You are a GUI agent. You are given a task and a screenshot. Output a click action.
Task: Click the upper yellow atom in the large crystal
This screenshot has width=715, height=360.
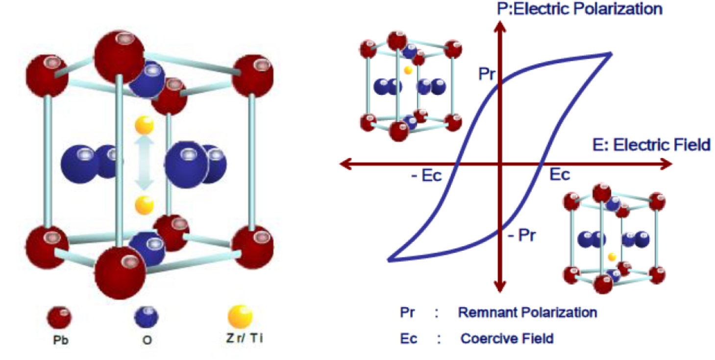click(x=144, y=125)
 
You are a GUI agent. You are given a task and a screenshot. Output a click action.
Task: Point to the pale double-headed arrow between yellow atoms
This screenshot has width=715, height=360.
click(x=144, y=165)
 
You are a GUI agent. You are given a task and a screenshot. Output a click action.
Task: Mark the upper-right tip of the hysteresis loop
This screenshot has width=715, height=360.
click(x=610, y=53)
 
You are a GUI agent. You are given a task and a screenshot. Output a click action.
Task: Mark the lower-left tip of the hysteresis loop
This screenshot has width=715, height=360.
click(x=389, y=260)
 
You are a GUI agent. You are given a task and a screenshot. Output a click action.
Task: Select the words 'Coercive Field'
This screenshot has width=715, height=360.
click(x=507, y=338)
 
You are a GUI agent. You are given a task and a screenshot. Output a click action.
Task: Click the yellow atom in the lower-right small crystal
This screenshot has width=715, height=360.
click(x=611, y=257)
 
